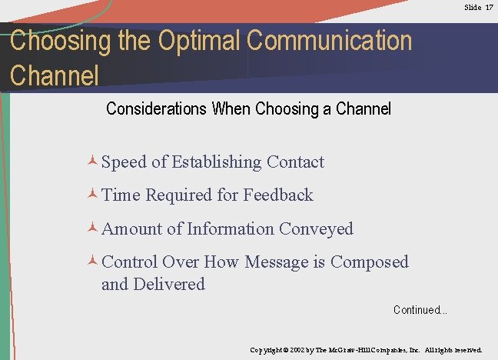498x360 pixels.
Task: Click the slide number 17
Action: point(489,7)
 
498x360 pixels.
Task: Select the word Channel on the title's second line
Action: point(55,75)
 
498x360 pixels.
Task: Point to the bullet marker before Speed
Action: point(92,162)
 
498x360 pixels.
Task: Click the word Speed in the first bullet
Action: point(125,162)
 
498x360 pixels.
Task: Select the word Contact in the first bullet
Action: point(295,162)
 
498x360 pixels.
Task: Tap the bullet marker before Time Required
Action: point(92,195)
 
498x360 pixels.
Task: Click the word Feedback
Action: point(278,195)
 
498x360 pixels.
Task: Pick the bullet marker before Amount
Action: point(92,228)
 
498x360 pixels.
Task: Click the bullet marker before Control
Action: point(92,262)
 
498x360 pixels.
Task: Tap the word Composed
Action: point(370,262)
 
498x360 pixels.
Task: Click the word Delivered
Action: point(169,285)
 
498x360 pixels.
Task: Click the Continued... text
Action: point(420,310)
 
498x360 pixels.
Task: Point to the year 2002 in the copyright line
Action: point(297,350)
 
